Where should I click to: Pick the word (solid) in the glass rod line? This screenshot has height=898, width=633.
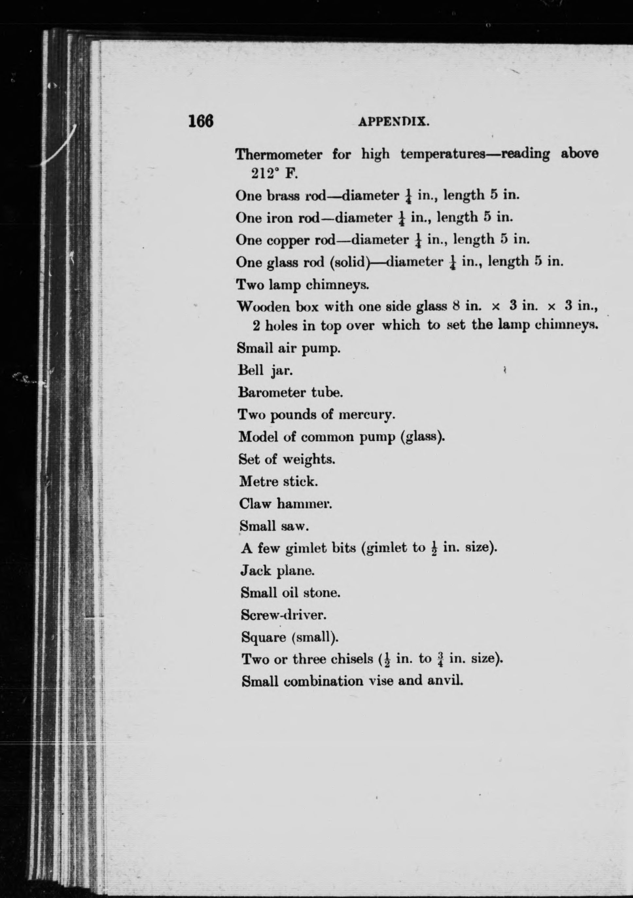(x=350, y=262)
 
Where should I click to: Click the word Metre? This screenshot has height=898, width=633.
(x=258, y=481)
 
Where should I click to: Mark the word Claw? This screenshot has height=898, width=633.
(x=255, y=503)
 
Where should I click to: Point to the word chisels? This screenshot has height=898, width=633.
(x=352, y=660)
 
